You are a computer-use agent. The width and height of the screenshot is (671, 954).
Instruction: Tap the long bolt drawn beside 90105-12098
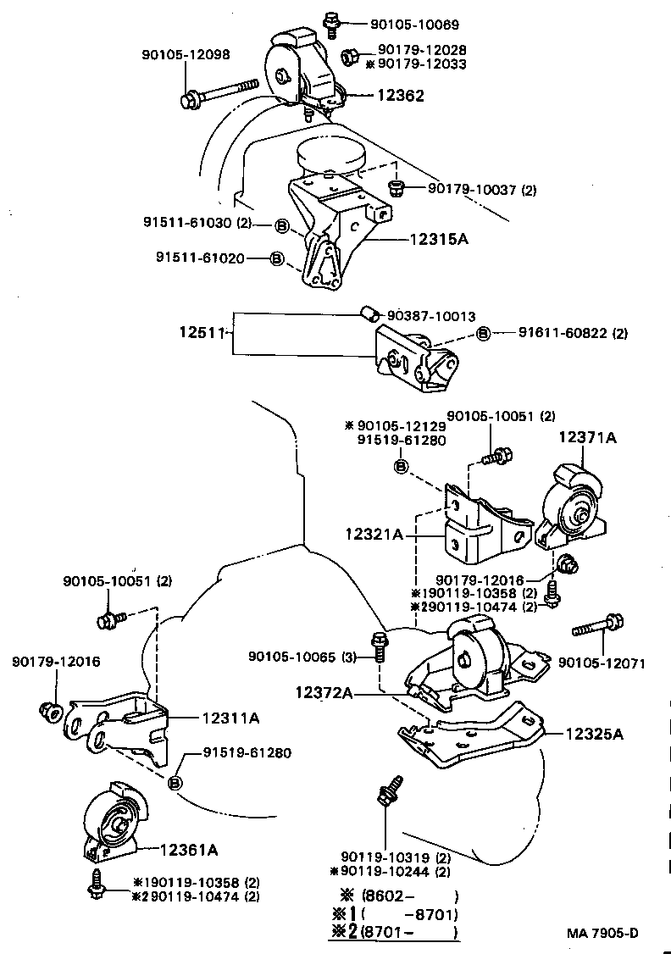[x=219, y=92]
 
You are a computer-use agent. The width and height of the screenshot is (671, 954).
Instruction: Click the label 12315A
[x=439, y=239]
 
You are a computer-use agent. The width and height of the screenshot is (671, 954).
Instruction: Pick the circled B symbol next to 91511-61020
[x=276, y=258]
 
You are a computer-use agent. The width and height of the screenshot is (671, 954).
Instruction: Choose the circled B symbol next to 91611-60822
[x=483, y=334]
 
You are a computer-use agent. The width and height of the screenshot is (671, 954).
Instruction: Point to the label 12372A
[x=324, y=693]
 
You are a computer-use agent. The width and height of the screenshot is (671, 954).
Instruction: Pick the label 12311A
[x=230, y=718]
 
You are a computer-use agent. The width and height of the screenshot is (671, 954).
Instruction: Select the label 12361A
[x=189, y=849]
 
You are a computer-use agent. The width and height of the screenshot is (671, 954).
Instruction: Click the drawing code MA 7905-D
[x=602, y=934]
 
